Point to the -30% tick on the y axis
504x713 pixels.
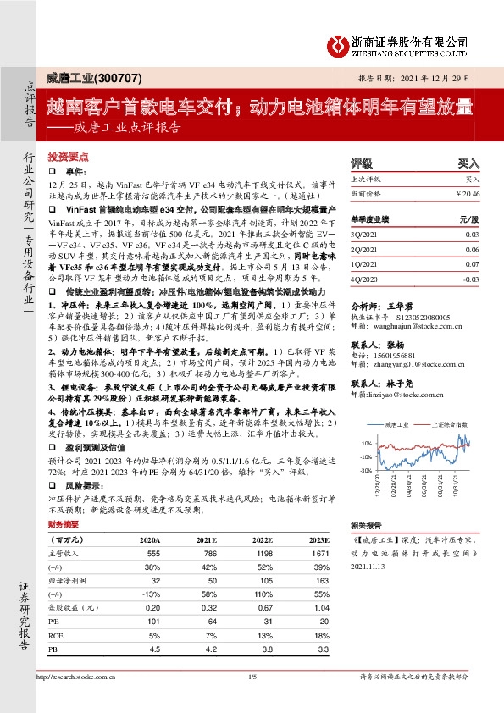click(365, 469)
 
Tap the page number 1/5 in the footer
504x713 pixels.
click(252, 676)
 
